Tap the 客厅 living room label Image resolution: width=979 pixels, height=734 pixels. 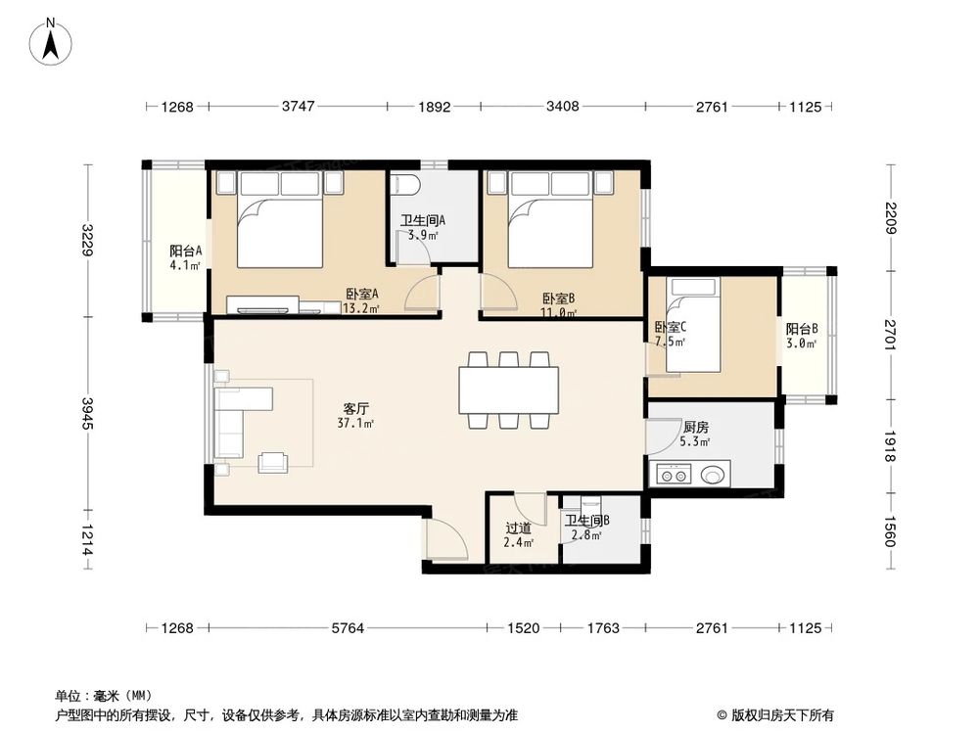coord(356,407)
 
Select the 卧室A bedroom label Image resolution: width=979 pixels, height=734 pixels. coord(362,294)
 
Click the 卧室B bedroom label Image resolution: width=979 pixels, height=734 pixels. coord(558,298)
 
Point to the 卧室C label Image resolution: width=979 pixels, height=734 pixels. coord(671,328)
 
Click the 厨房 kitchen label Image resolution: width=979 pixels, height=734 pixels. coord(696,427)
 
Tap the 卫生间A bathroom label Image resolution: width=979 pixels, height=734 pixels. coord(423,221)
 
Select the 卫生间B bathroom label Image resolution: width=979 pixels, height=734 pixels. coord(587,522)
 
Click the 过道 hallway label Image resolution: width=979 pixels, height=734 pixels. coord(518,528)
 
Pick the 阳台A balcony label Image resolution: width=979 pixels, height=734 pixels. coord(185,250)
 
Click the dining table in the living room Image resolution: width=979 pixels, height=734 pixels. coord(510,389)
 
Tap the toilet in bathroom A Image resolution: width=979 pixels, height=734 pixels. coord(404,186)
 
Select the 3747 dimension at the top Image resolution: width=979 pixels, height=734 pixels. coord(298,107)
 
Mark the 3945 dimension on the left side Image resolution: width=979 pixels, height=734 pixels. coord(88,412)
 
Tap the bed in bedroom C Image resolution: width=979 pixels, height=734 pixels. coord(692,325)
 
